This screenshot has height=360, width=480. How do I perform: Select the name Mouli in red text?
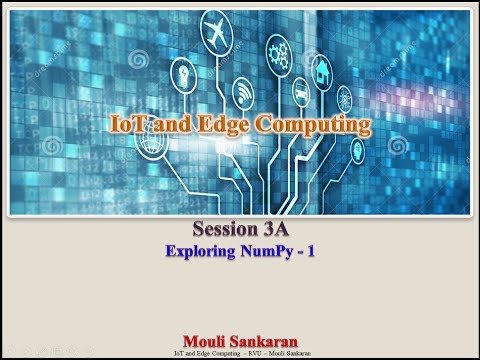[209, 341]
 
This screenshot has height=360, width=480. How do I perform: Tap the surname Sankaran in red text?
[266, 341]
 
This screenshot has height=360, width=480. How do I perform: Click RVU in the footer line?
[256, 353]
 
